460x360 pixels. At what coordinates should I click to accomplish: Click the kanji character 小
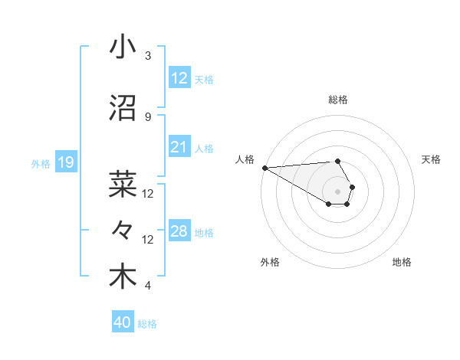pos(123,47)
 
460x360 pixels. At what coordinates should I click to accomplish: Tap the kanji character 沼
pos(123,108)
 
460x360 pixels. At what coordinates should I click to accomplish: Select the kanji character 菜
pos(123,184)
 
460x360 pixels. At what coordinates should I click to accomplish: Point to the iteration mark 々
pos(123,230)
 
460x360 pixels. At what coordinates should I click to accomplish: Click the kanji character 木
pos(123,277)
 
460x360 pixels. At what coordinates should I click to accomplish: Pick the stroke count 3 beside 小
pos(148,56)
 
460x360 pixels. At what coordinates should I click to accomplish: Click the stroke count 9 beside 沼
pos(148,117)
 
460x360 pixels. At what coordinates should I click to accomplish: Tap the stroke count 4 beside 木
pos(148,286)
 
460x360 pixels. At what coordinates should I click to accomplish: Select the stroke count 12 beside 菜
pos(149,194)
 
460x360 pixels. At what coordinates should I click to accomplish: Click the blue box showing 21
pos(179,147)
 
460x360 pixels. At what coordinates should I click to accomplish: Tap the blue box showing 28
pos(179,231)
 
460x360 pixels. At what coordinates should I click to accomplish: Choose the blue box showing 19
pos(65,162)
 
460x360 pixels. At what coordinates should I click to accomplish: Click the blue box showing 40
pos(123,323)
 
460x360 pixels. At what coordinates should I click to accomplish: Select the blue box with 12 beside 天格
pos(179,78)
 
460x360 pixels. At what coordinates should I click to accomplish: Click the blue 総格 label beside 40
pos(147,324)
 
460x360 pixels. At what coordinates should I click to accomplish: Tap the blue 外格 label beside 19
pos(40,163)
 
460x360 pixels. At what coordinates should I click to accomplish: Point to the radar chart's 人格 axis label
pos(245,159)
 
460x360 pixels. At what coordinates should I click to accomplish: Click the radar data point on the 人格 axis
pos(264,168)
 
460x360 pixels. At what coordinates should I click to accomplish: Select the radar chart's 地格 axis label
pos(402,262)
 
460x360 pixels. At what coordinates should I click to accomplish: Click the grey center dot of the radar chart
pos(337,191)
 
